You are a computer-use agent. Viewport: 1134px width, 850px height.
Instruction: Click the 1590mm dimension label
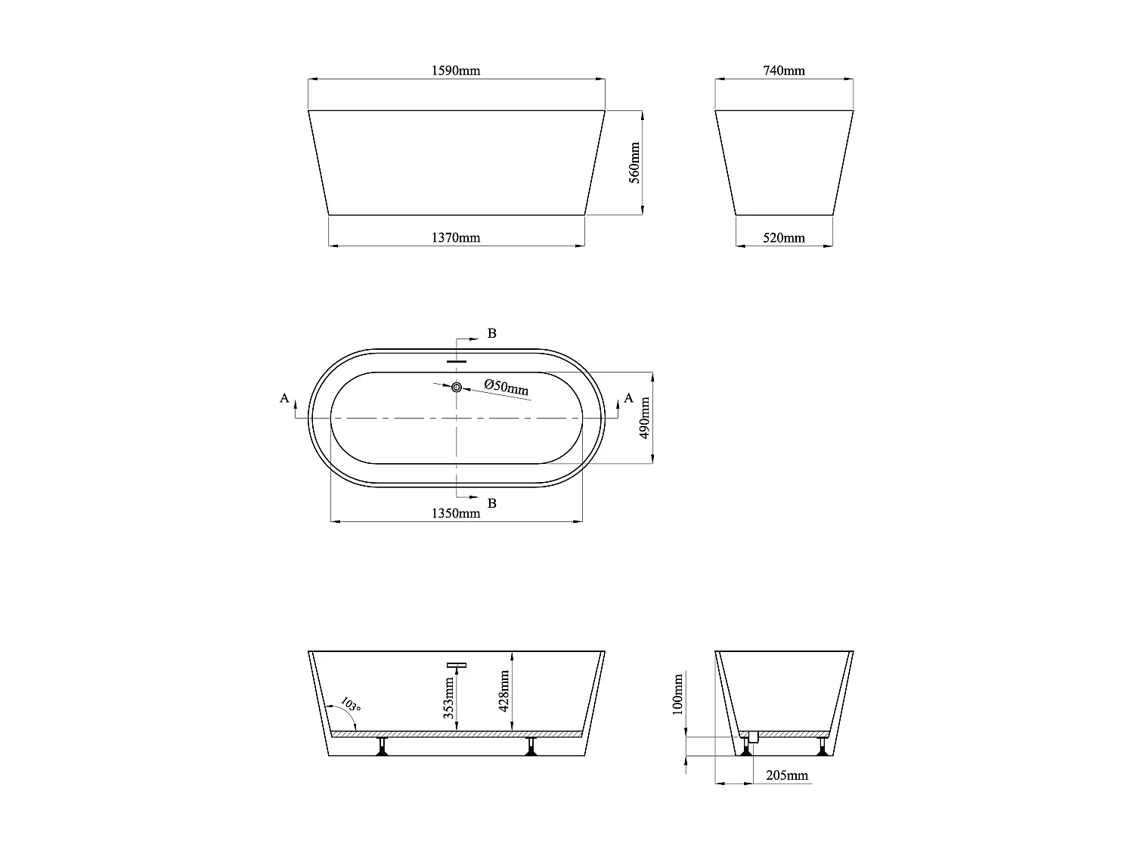456,71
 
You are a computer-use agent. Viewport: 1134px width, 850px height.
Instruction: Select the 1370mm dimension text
456,238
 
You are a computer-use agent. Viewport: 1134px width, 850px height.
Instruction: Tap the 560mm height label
635,162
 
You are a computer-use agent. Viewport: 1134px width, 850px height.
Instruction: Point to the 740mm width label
784,71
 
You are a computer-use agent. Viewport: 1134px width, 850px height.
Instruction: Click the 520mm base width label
784,238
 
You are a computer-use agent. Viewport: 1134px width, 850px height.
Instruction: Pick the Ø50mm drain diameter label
507,388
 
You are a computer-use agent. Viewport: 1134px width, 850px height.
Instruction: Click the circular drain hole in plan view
457,387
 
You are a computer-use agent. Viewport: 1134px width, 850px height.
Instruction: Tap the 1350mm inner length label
456,514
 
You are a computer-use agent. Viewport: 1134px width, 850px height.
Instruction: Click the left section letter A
284,398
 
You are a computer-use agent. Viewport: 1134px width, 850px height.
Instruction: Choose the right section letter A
628,398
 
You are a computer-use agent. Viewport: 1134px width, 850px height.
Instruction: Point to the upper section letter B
491,333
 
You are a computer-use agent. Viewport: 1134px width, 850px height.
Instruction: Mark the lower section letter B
491,503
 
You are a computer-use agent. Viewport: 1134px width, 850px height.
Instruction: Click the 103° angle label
349,705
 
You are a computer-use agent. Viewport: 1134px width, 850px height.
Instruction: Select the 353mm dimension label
449,697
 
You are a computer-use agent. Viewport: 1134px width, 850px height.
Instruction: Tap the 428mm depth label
506,691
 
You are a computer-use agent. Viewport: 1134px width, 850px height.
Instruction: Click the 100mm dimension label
677,694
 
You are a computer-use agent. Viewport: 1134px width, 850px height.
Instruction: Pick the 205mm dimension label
787,775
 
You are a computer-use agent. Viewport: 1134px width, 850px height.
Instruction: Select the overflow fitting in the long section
456,665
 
